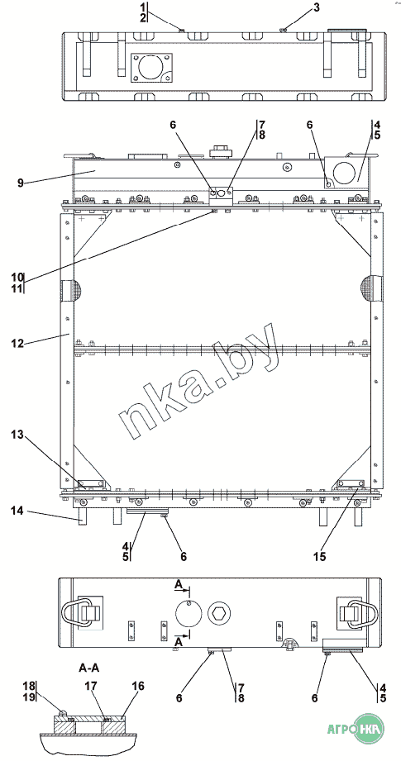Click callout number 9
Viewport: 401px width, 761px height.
click(21, 183)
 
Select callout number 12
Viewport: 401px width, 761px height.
click(18, 344)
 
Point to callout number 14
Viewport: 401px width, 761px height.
click(18, 511)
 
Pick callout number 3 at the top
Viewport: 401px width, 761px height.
click(317, 7)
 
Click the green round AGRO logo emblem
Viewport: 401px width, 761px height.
click(369, 729)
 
